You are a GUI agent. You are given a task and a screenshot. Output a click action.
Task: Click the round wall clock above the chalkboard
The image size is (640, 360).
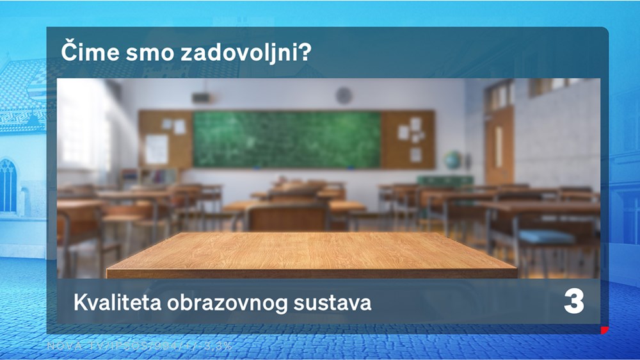(344, 95)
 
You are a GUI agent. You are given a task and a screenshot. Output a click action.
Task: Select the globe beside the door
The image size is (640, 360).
(452, 160)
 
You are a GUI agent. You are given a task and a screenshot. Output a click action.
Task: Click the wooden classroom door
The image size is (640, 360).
(499, 144)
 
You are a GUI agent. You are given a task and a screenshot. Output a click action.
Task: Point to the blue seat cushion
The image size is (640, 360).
(547, 236)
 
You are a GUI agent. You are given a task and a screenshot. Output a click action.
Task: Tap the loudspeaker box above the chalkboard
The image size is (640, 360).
(201, 98)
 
